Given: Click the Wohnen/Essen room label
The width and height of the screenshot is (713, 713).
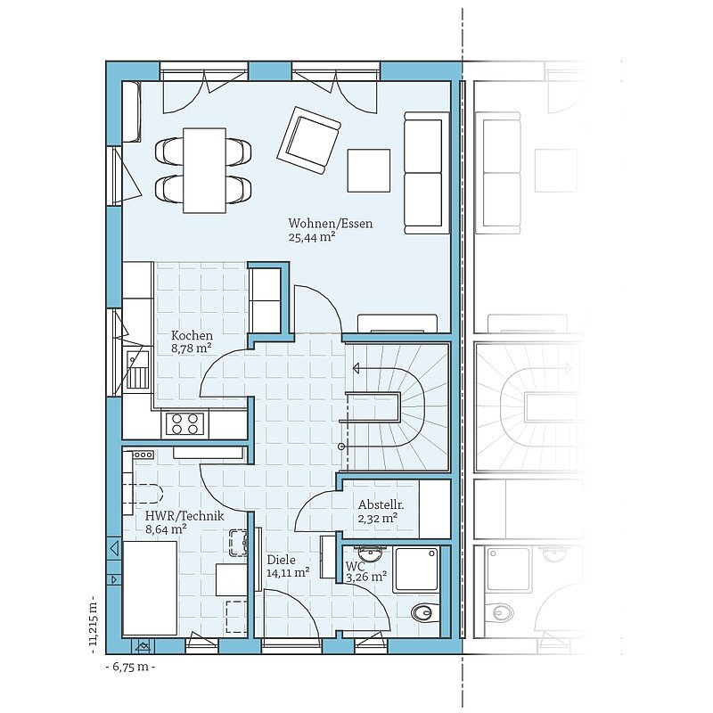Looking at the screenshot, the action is pos(330,224).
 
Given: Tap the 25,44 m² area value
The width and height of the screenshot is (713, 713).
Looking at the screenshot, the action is pos(312,237).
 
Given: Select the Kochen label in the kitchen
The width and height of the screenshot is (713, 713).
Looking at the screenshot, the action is pos(192,336).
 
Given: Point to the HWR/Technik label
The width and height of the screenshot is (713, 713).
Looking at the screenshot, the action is pos(184,516).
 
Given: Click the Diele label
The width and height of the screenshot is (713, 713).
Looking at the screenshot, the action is pos(281,561).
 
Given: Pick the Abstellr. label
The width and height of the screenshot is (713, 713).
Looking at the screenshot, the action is pos(381,504).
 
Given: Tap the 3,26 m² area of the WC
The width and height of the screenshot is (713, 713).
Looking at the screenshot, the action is pos(366,578).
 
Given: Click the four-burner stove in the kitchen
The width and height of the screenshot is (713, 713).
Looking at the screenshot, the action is pos(185,424).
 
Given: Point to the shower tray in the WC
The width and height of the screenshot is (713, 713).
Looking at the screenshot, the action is pos(416,570).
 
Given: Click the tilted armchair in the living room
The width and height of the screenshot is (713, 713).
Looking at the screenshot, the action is pos(309,140).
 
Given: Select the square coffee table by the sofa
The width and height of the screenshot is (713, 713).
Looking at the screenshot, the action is pos(369,170).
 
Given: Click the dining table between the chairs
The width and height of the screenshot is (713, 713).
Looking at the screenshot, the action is pos(205,170).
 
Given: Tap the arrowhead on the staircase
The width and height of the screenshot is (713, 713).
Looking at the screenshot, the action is pos(357,368).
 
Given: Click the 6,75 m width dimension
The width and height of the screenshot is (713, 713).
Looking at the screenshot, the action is pos(130,667).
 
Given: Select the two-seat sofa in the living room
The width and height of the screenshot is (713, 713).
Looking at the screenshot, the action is pos(423,173).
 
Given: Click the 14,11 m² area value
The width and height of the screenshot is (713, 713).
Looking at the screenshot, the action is pos(288,572).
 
